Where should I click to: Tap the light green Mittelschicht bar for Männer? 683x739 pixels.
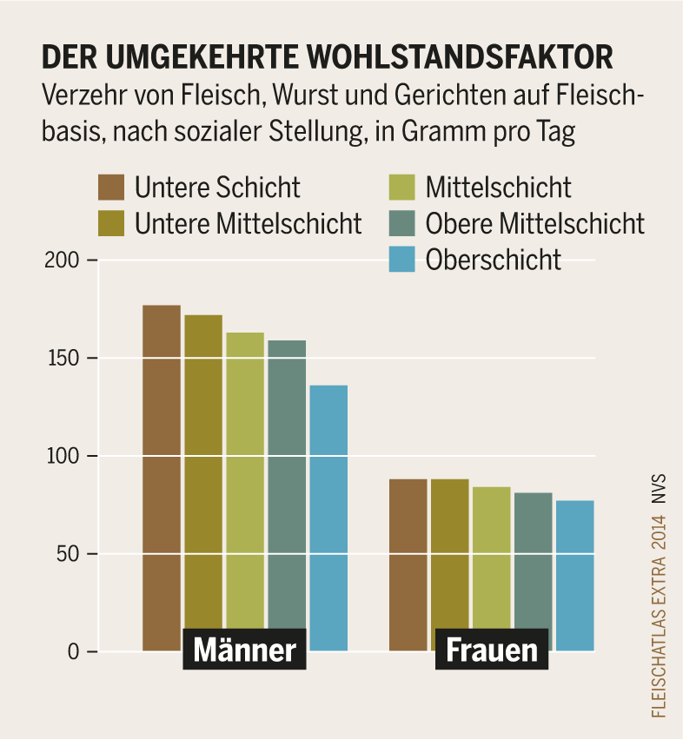click(245, 478)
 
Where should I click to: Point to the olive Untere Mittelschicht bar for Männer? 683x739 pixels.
click(203, 469)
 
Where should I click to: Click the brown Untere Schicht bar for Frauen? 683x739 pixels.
click(408, 556)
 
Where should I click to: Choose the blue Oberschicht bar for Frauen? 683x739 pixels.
click(574, 564)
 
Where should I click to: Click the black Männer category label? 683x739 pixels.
click(244, 650)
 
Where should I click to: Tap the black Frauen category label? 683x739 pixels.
click(491, 650)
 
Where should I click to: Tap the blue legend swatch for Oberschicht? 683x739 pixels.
click(402, 259)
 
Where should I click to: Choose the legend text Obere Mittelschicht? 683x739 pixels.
click(534, 223)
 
